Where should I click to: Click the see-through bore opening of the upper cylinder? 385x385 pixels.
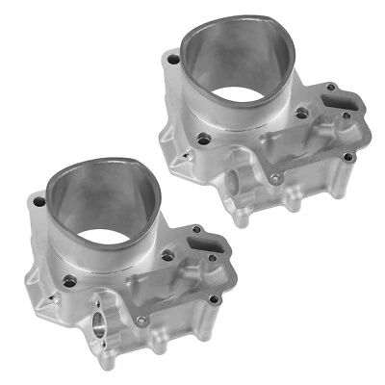(243, 97)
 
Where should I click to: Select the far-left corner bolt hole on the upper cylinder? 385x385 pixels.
(171, 60)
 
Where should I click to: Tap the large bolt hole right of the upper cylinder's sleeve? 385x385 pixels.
(302, 114)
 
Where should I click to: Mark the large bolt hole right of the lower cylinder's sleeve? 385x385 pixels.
(167, 256)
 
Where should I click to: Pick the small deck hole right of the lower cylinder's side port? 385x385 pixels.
(141, 320)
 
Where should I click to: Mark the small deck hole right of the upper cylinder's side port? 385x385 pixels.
(276, 178)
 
